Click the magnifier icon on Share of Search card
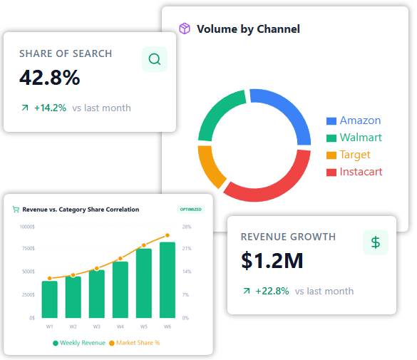155,59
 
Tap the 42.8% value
49,78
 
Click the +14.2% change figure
49,108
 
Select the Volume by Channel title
248,29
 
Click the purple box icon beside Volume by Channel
185,29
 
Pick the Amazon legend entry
354,120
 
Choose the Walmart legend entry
354,138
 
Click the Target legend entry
349,155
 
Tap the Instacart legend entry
354,172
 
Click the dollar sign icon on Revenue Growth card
376,242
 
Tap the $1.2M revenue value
272,261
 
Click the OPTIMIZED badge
190,210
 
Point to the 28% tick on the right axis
187,227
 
